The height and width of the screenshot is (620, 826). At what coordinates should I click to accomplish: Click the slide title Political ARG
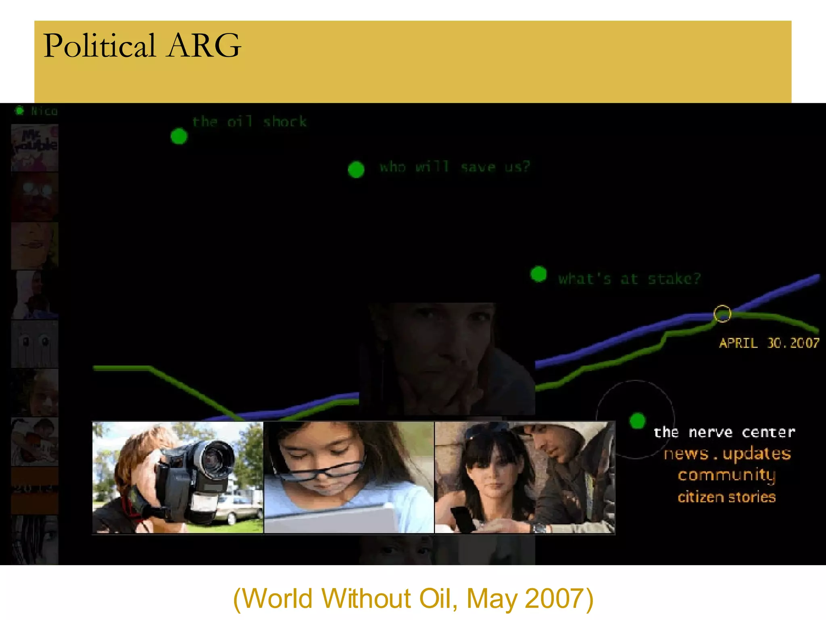point(142,46)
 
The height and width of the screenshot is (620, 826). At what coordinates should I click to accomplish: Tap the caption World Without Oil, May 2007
point(413,598)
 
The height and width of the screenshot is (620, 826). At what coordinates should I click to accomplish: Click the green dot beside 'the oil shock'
point(179,136)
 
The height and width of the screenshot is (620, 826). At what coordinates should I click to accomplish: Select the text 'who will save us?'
point(455,167)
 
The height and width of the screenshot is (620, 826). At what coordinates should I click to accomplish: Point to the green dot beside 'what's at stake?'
point(538,274)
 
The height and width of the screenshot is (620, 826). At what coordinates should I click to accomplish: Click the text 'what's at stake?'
point(629,279)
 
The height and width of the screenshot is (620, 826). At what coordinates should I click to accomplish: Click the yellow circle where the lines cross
point(722,314)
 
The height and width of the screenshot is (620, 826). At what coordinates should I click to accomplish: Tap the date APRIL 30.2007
point(769,343)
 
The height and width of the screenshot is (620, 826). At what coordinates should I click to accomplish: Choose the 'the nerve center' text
point(724,432)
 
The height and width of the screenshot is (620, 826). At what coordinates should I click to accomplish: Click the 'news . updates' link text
point(727,454)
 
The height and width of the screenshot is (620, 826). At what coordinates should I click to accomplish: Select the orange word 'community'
point(726,475)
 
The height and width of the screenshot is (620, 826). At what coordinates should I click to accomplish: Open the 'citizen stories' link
point(726,497)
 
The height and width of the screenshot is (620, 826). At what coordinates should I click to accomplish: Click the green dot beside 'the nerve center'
point(637,421)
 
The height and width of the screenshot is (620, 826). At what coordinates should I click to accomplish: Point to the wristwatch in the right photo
point(539,527)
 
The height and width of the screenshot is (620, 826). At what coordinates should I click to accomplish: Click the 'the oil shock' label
point(249,121)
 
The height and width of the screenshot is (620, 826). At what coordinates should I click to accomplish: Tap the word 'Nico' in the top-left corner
point(44,111)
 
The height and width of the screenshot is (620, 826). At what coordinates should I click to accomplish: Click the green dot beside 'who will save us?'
point(356,170)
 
